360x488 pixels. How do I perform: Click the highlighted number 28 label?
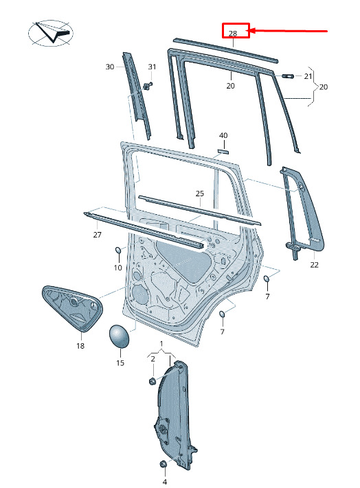click(233, 34)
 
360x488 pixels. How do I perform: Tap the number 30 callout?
click(110, 67)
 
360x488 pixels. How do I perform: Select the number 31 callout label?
click(152, 67)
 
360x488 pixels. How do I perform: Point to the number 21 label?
click(308, 76)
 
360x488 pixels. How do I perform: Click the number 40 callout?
click(223, 135)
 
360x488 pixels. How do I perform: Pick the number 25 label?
click(200, 194)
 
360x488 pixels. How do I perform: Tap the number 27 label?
click(97, 234)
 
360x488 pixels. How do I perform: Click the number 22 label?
click(314, 264)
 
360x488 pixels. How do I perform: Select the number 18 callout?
click(80, 345)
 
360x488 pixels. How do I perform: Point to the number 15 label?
click(120, 362)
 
